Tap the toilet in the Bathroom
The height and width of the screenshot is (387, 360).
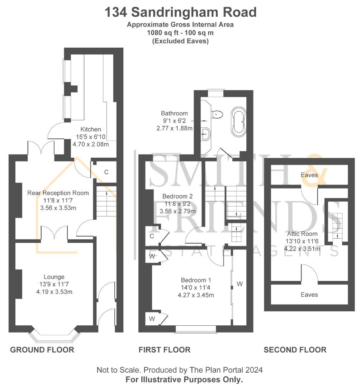pos(217,114)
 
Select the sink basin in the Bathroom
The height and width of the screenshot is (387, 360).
pos(206,134)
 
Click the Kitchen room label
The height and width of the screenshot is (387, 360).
pos(91,129)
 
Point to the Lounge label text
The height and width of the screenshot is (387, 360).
pos(54,277)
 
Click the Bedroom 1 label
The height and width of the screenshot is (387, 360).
pos(196,280)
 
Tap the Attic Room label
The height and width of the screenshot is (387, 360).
pos(302,234)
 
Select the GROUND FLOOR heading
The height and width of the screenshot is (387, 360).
pos(42,350)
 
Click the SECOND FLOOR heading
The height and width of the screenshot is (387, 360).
pos(295,350)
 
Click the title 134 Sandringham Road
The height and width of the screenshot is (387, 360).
pos(181,12)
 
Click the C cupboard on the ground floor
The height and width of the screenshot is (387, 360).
pos(106,172)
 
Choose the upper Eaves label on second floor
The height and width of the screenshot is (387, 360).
pos(309,175)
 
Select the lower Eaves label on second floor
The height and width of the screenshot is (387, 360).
pos(309,295)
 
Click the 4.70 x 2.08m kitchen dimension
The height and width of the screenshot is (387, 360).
pos(91,144)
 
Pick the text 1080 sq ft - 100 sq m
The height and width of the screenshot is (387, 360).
pos(180,33)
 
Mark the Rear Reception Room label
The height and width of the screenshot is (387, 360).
pos(58,193)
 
